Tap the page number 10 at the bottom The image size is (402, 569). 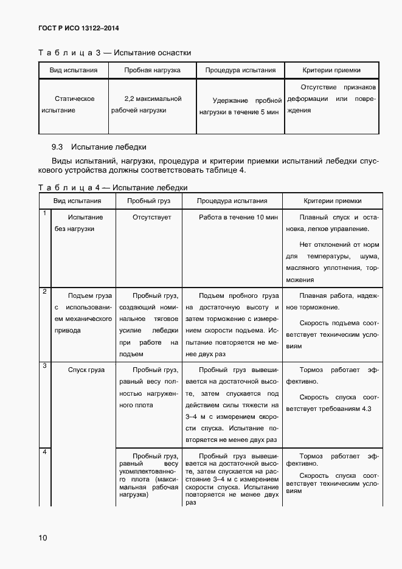[x=43, y=537]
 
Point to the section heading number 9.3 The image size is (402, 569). [x=58, y=147]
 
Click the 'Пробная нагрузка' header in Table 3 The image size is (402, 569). [x=152, y=70]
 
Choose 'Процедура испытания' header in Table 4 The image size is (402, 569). [x=232, y=201]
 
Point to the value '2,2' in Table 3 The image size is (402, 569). [x=129, y=98]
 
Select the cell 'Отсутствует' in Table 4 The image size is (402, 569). [x=152, y=217]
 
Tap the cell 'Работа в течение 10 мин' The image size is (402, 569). [x=238, y=217]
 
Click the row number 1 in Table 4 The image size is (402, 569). [x=44, y=213]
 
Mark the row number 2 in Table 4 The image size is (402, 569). [x=44, y=292]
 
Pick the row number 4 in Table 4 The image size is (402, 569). [x=44, y=452]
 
